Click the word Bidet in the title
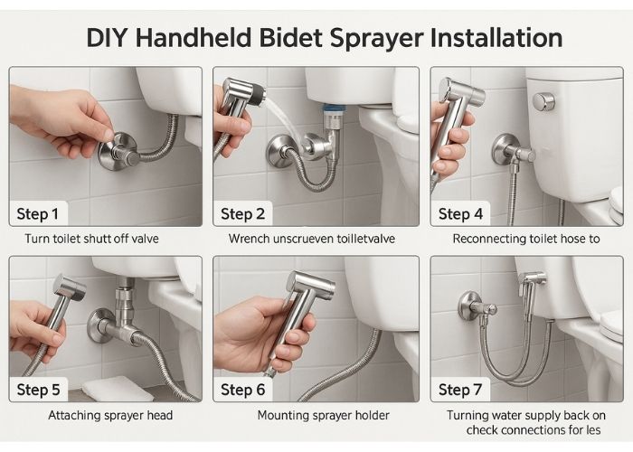click(290, 38)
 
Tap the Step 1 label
click(38, 214)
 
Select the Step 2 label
click(242, 214)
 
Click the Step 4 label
click(460, 214)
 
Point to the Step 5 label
click(38, 390)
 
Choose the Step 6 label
click(242, 390)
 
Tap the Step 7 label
click(460, 390)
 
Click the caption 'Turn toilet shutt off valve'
click(91, 239)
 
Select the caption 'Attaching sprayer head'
click(110, 416)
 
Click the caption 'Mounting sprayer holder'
click(324, 416)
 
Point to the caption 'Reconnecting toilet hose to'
click(526, 239)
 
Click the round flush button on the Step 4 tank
click(543, 101)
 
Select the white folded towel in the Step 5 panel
click(112, 389)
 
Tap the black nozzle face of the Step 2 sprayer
click(258, 94)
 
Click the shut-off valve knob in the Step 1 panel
click(121, 151)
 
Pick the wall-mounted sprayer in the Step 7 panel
click(532, 284)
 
